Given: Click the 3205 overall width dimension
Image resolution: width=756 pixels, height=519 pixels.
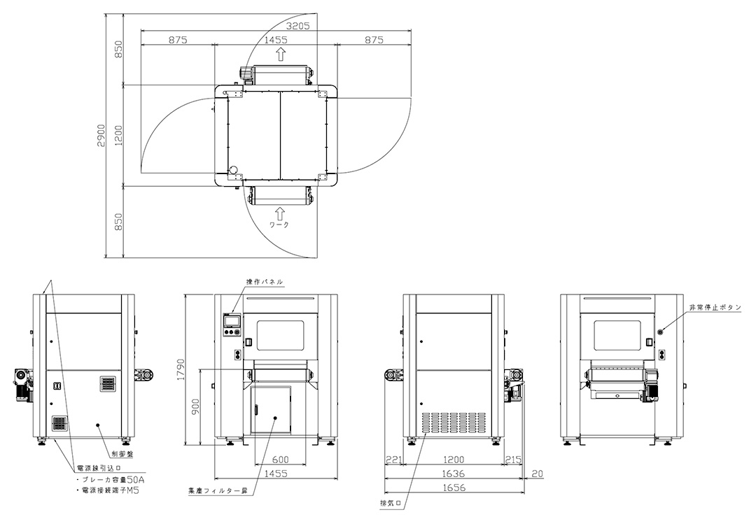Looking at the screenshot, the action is pos(297,26).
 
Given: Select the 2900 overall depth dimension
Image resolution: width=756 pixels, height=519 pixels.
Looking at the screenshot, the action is pos(101,136).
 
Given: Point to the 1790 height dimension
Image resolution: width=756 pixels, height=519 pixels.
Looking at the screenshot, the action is pos(181,369).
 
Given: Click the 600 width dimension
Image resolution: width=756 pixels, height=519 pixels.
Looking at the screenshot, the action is pos(280,460).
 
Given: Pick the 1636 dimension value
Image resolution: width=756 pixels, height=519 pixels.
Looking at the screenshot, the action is pos(454,474).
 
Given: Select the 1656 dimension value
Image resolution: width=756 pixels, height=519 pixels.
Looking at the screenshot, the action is pos(454,488).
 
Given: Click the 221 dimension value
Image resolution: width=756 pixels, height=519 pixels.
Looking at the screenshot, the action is pos(393,460).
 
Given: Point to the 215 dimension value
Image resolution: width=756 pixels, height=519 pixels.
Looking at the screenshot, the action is pos(514,460).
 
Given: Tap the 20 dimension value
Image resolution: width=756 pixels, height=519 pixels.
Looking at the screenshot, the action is pos(538,474).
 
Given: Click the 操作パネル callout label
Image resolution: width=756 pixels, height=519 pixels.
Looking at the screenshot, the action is pos(265,282).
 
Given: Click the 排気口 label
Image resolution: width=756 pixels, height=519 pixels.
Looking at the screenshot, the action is pos(391,503).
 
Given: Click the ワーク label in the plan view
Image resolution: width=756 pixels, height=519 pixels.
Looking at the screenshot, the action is pos(279,225).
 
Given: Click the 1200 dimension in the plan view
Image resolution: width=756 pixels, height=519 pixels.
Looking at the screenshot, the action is pos(119,136).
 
